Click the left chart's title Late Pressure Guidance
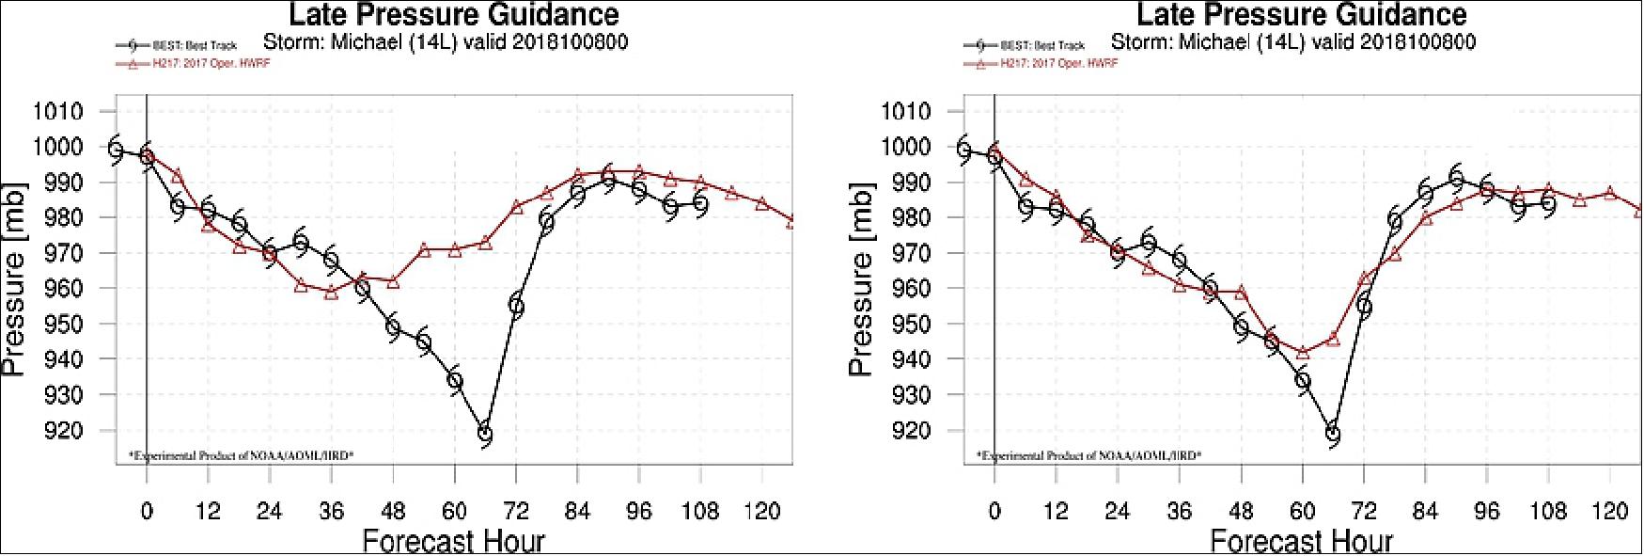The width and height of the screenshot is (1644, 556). coord(453,15)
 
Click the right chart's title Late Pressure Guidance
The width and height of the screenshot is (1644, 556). coord(1301,15)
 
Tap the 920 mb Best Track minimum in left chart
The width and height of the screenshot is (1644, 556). coord(485,434)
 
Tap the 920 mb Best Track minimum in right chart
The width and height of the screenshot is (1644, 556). coord(1333,434)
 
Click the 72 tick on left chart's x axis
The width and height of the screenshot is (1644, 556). coord(516,511)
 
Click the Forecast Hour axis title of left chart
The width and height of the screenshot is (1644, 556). coord(453,541)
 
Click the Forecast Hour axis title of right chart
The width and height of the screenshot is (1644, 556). coord(1301,541)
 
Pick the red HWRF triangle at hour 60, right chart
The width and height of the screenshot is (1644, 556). coord(1303,353)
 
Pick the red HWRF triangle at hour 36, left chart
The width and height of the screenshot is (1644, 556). coord(331,293)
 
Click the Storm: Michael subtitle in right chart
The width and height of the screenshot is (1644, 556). coord(1293,42)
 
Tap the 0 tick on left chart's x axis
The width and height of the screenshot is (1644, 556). coord(147,511)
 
